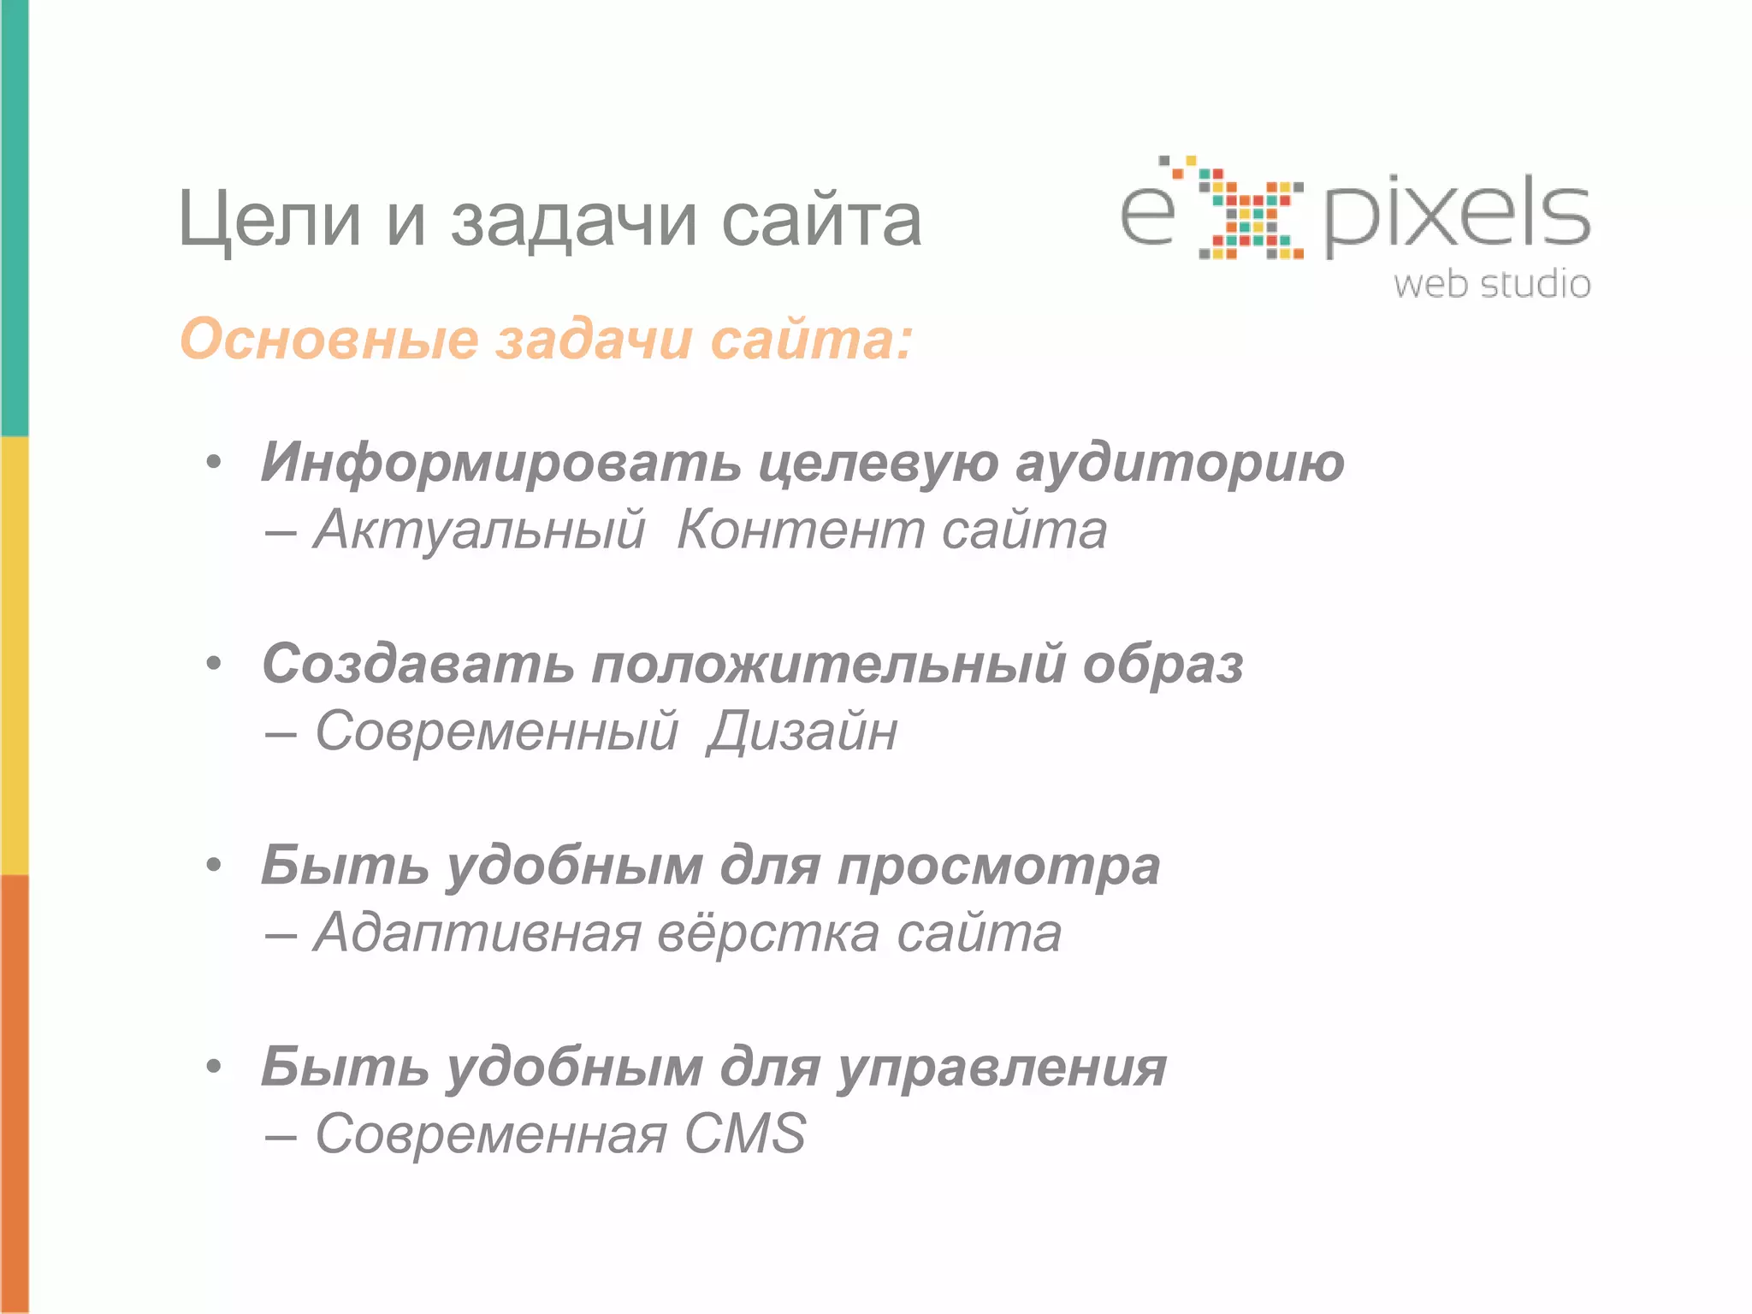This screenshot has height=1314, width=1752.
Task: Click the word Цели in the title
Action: point(269,221)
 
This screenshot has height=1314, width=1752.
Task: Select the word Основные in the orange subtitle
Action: point(328,339)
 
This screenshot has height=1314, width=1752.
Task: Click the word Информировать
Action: point(500,462)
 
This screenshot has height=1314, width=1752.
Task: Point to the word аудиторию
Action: point(1180,462)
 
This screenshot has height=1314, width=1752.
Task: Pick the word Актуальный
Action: point(479,530)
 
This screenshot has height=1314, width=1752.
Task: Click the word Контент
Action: point(801,530)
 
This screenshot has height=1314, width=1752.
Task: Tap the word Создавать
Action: point(417,664)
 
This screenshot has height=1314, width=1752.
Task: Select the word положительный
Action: point(828,664)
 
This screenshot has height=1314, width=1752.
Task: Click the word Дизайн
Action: point(802,731)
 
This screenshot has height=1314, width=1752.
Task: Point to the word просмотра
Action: point(998,866)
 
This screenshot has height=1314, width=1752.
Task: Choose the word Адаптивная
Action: point(477,932)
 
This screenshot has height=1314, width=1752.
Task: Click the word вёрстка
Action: point(768,932)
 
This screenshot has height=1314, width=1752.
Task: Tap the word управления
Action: point(1002,1068)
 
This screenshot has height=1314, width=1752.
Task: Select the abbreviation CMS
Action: point(744,1134)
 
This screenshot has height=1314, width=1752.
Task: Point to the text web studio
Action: point(1492,284)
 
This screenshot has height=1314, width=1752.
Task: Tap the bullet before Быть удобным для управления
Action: point(214,1066)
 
